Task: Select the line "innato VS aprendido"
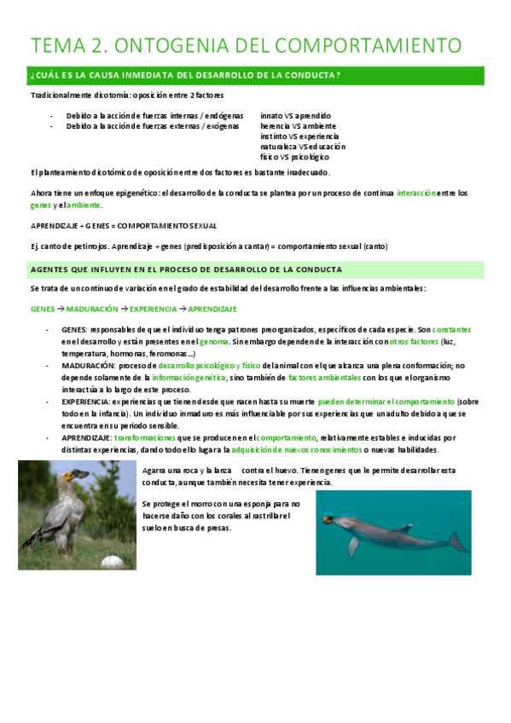click(295, 115)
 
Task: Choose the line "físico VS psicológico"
click(294, 157)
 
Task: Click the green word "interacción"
click(415, 194)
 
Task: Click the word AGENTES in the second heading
click(52, 269)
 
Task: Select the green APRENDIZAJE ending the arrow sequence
click(212, 309)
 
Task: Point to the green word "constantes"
click(451, 330)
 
